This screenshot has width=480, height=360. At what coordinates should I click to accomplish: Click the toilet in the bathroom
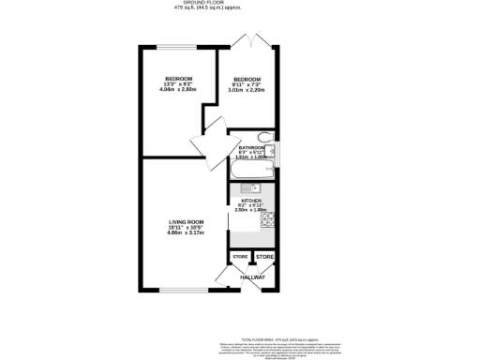[x=264, y=138]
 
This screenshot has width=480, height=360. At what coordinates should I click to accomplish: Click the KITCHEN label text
[x=251, y=200]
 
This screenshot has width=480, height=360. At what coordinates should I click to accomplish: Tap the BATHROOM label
[x=252, y=147]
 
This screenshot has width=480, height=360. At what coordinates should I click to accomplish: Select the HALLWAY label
[x=253, y=277]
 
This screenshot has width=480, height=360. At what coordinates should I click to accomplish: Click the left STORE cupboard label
[x=240, y=256]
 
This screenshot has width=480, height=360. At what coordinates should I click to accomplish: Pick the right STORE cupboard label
[x=265, y=256]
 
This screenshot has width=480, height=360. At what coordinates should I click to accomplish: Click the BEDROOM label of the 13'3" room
[x=178, y=77]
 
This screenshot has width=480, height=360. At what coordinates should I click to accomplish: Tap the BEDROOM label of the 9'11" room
[x=247, y=79]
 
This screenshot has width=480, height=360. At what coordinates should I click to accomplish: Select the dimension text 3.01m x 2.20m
[x=247, y=92]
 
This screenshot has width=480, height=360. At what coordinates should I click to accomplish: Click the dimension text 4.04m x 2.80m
[x=178, y=90]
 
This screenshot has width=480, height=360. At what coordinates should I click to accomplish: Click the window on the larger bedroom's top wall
[x=177, y=47]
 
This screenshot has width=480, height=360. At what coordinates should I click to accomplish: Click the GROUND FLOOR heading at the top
[x=240, y=4]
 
